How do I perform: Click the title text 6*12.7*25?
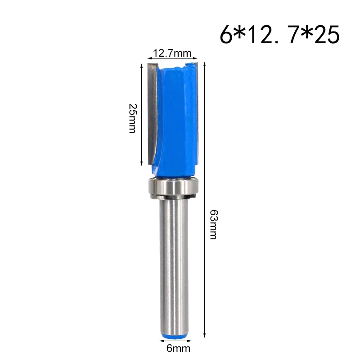(x=279, y=36)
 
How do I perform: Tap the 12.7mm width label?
(x=172, y=54)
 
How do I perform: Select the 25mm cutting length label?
(x=132, y=118)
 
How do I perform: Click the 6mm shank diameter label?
(x=172, y=347)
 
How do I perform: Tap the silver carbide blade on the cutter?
(x=152, y=112)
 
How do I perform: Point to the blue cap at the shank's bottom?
(x=172, y=334)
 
